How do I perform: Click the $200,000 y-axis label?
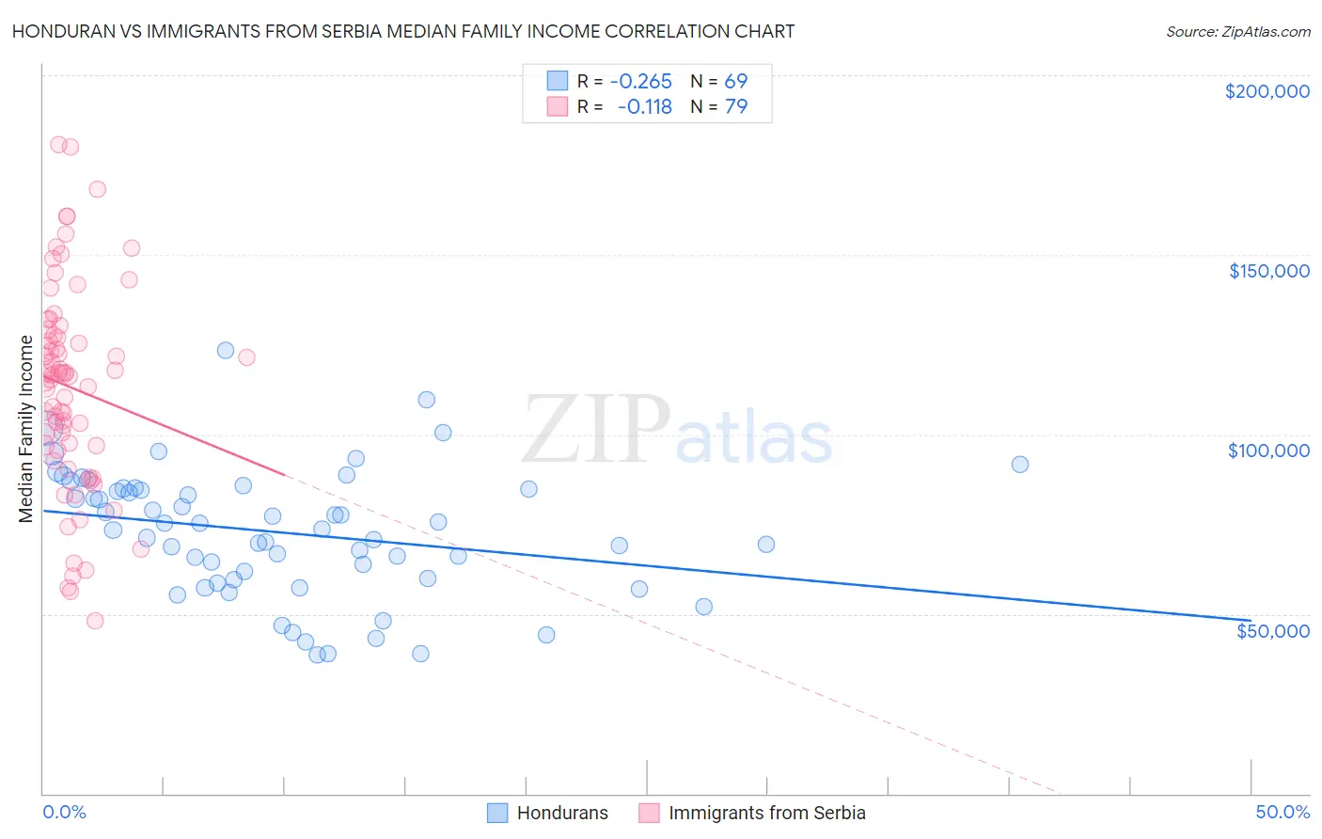pyautogui.click(x=1267, y=91)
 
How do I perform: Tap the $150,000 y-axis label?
pyautogui.click(x=1268, y=271)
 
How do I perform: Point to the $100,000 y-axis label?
pyautogui.click(x=1268, y=451)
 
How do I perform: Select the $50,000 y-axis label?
pyautogui.click(x=1272, y=630)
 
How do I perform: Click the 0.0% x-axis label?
pyautogui.click(x=64, y=812)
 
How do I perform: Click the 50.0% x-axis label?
pyautogui.click(x=1283, y=812)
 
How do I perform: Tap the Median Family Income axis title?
pyautogui.click(x=26, y=428)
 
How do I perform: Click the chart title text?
pyautogui.click(x=403, y=31)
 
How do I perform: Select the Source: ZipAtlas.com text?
pyautogui.click(x=1237, y=32)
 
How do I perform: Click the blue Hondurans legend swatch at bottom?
pyautogui.click(x=497, y=813)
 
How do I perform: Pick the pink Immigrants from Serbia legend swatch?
pyautogui.click(x=649, y=813)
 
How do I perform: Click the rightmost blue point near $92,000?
pyautogui.click(x=1019, y=465)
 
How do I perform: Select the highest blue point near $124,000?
pyautogui.click(x=226, y=350)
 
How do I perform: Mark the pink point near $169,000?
pyautogui.click(x=97, y=189)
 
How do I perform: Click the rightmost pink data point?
pyautogui.click(x=246, y=357)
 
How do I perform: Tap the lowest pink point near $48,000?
pyautogui.click(x=95, y=621)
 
